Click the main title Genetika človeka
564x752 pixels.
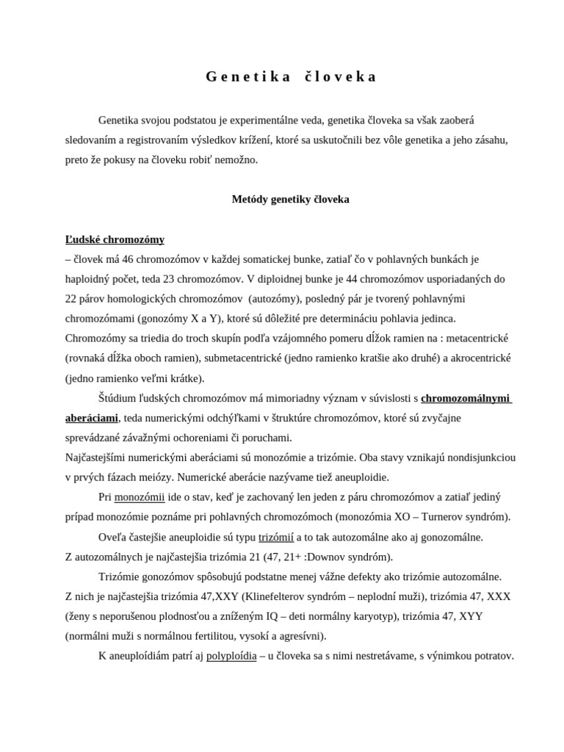[x=291, y=76]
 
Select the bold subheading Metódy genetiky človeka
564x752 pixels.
[x=291, y=199]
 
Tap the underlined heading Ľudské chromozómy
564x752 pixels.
[x=115, y=239]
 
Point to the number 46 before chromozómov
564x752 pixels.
[x=130, y=259]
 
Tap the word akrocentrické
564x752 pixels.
[x=478, y=358]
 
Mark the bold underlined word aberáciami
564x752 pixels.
[x=91, y=418]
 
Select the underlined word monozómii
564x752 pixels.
[x=140, y=497]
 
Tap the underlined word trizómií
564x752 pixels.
[x=276, y=537]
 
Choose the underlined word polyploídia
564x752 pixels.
[x=231, y=656]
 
